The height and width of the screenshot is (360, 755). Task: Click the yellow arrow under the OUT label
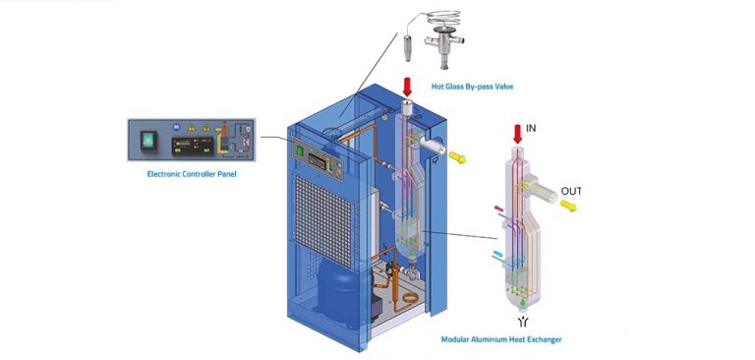click(569, 207)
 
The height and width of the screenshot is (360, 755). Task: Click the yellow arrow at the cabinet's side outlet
click(456, 154)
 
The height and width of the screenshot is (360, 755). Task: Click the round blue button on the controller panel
click(177, 128)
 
